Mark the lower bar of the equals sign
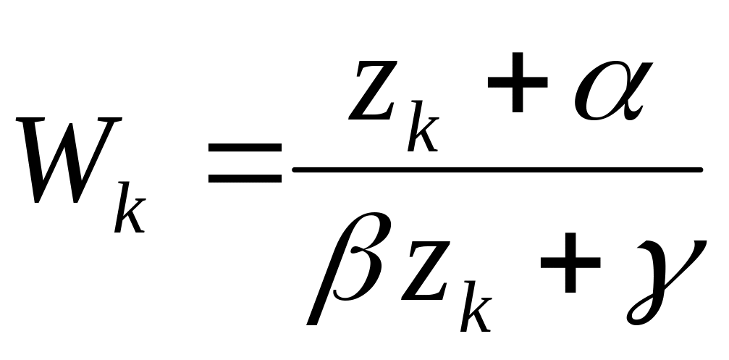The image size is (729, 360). tap(244, 177)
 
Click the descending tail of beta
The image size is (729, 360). tap(315, 311)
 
